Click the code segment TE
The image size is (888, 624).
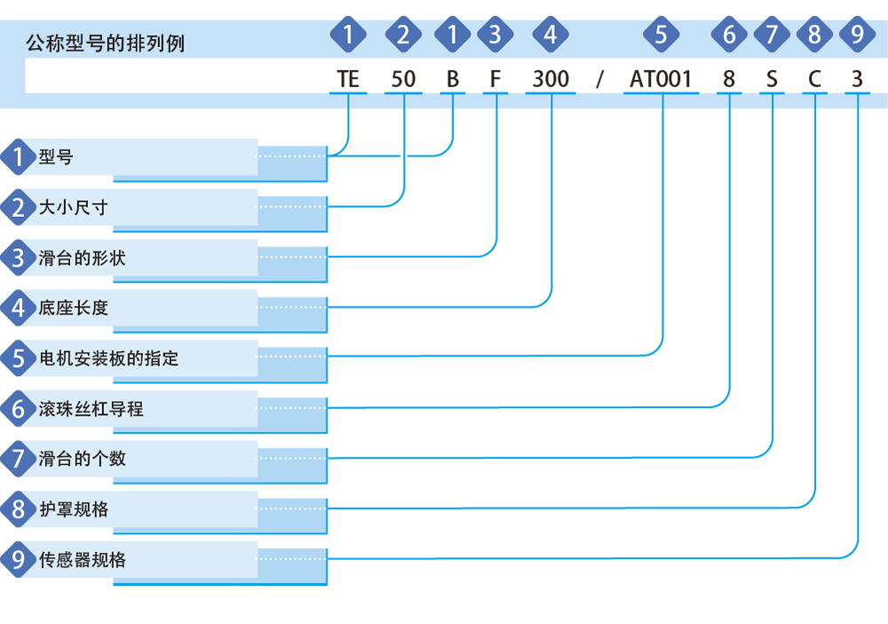click(x=348, y=79)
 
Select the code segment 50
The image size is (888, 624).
click(x=403, y=79)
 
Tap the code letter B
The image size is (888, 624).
click(x=453, y=79)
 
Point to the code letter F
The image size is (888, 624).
click(x=495, y=79)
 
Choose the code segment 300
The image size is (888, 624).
click(x=551, y=79)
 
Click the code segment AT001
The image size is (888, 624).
click(x=661, y=79)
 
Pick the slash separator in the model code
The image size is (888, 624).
click(x=599, y=79)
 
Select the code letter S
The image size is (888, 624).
click(x=772, y=79)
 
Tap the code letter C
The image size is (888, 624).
click(x=814, y=79)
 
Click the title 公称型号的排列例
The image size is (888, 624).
click(x=106, y=43)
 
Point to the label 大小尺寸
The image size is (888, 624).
click(x=73, y=207)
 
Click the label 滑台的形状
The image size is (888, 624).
click(x=82, y=258)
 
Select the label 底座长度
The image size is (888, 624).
click(x=73, y=308)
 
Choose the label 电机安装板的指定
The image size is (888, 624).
click(x=108, y=358)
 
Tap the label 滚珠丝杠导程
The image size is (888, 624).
click(x=91, y=409)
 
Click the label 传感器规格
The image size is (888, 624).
click(x=82, y=560)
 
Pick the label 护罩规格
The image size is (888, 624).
click(x=74, y=509)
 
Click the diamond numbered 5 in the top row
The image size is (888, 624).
click(x=661, y=35)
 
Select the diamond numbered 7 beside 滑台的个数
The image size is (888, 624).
click(x=19, y=459)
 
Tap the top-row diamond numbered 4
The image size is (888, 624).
click(x=551, y=35)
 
